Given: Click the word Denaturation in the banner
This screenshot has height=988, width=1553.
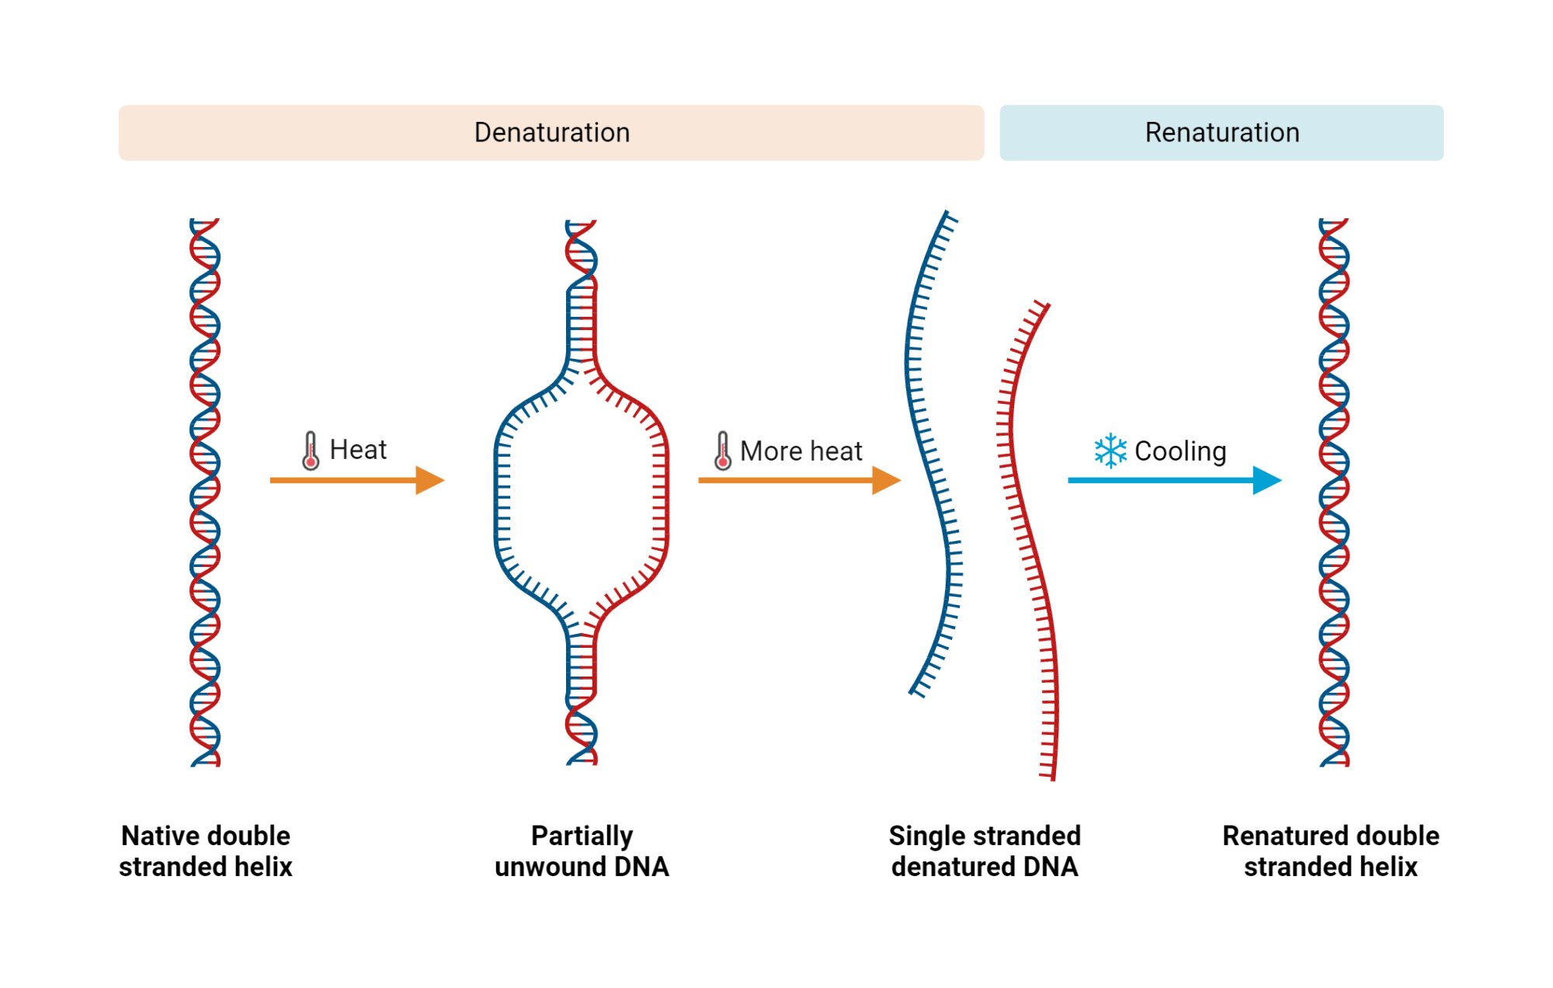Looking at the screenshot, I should pos(552,133).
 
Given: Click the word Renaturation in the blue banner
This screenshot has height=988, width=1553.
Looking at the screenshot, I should pos(1221,133).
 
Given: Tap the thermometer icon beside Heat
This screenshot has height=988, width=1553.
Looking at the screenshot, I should pos(311,451).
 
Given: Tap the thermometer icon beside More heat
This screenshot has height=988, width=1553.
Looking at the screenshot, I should pos(722,451).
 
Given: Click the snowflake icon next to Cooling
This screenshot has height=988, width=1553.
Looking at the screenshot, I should pos(1110,451).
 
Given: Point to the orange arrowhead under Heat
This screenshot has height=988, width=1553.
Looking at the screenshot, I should pos(429,480).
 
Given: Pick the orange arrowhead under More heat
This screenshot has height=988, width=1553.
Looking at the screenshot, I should pos(885,480).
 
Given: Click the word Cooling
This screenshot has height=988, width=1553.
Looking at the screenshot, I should pos(1180,451).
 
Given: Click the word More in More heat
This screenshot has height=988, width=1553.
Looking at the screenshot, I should pos(770,451).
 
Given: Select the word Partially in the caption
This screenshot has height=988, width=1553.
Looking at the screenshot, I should pos(582,836).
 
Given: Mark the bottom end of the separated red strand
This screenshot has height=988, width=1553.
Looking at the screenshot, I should pos(1052,777).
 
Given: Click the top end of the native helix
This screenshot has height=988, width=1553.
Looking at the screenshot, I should pos(204,222).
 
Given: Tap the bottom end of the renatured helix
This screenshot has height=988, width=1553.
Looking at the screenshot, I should pos(1334,763).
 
